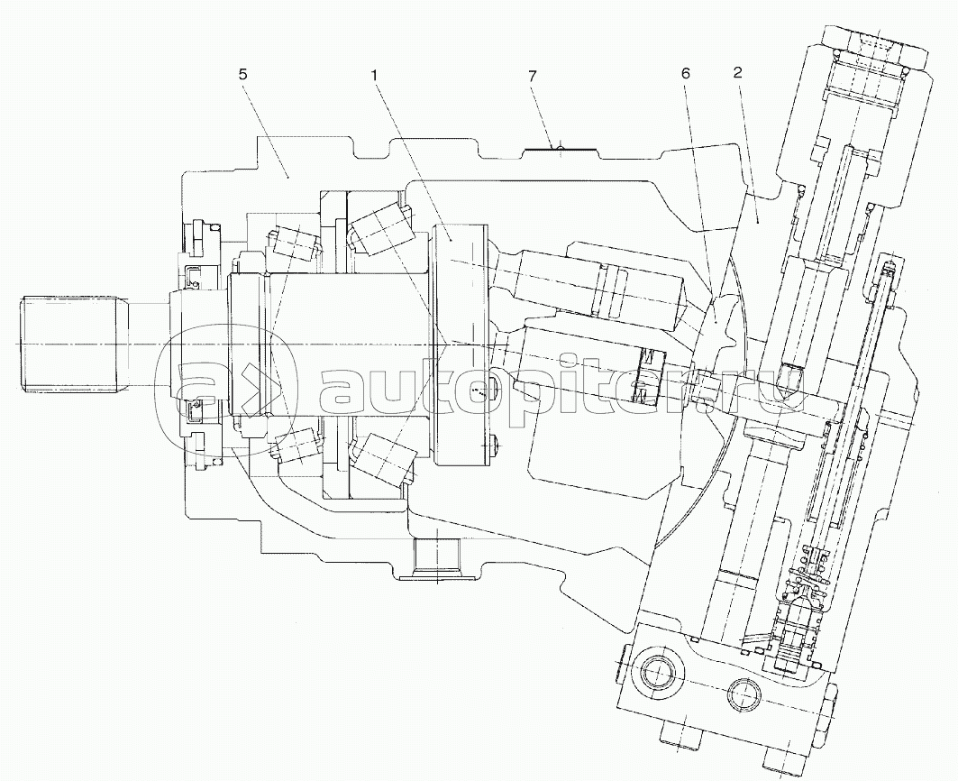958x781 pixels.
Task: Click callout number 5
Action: tap(243, 75)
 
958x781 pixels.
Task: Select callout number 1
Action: tap(374, 75)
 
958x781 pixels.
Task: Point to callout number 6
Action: tap(685, 73)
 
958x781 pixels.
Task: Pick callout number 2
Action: tap(737, 72)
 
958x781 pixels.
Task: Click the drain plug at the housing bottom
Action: tap(435, 557)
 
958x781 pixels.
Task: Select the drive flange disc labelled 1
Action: tap(460, 345)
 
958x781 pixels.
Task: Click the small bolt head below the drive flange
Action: tap(495, 446)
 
